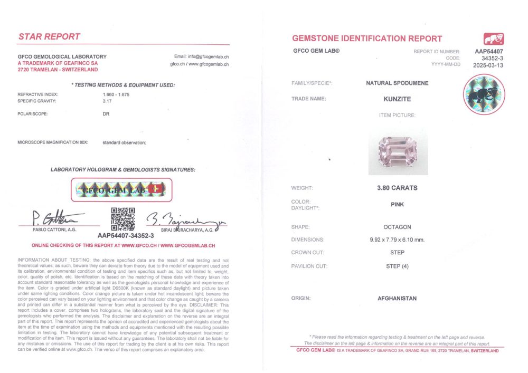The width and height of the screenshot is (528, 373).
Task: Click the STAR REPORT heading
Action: (49, 36)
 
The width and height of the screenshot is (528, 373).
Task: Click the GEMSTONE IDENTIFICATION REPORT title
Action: (367, 39)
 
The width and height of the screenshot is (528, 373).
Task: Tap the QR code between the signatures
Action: (122, 218)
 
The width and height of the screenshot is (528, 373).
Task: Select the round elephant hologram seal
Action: (484, 95)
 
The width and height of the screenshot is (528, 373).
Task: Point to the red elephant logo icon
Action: (493, 39)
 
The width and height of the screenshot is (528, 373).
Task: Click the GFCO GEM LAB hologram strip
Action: (122, 189)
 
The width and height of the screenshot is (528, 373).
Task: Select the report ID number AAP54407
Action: (489, 51)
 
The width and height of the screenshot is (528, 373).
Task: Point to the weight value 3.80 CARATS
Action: (397, 188)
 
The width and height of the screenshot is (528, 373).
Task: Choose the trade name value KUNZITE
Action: (397, 99)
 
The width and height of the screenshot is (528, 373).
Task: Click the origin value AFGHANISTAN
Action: (397, 299)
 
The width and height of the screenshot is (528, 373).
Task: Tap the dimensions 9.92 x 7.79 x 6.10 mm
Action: (397, 240)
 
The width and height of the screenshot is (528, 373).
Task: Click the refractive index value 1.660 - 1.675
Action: (116, 94)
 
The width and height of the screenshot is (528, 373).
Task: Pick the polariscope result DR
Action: (106, 113)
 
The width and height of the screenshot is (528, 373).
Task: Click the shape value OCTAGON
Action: (397, 227)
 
